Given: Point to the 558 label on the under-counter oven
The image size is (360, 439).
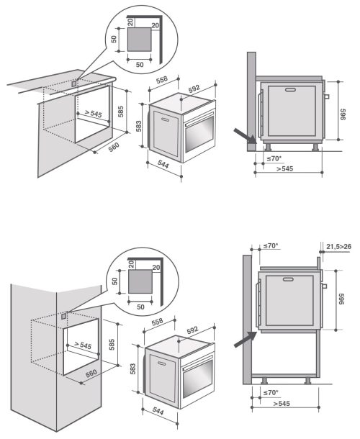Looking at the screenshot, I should coord(163,79).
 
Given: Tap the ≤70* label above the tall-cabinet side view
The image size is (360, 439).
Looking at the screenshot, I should coord(270,246).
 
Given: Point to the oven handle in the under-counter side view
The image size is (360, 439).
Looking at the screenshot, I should coord(292,90).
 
